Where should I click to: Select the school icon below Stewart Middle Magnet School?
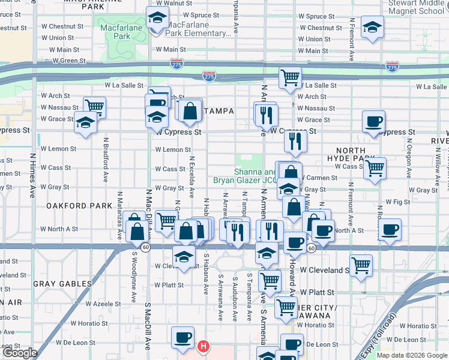tap(372, 28)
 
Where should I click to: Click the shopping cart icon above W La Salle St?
tap(289, 77)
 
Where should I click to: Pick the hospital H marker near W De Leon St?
tap(203, 346)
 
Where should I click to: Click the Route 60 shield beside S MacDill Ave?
tap(145, 247)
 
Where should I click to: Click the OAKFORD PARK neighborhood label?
tap(79, 205)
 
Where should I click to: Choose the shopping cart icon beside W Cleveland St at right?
tap(361, 265)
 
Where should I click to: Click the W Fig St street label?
tap(398, 202)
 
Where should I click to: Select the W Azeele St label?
tap(103, 304)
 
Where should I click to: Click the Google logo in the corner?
tap(19, 353)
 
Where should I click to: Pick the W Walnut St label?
tap(182, 3)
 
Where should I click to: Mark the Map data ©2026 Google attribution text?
tap(412, 355)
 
